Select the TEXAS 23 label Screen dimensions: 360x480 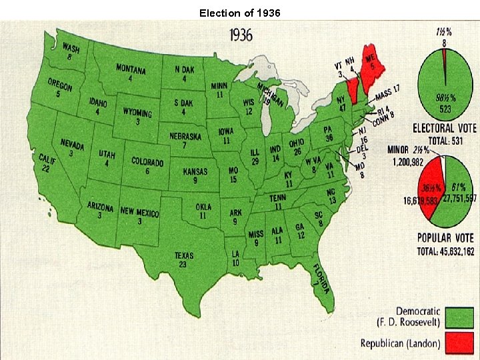click(x=183, y=259)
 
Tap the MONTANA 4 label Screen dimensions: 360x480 click(x=131, y=73)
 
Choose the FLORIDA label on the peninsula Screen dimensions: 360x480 click(x=321, y=277)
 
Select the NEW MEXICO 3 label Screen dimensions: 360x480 click(x=140, y=216)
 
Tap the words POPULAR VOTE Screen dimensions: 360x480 click(x=445, y=238)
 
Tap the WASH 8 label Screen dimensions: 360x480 click(x=70, y=52)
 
